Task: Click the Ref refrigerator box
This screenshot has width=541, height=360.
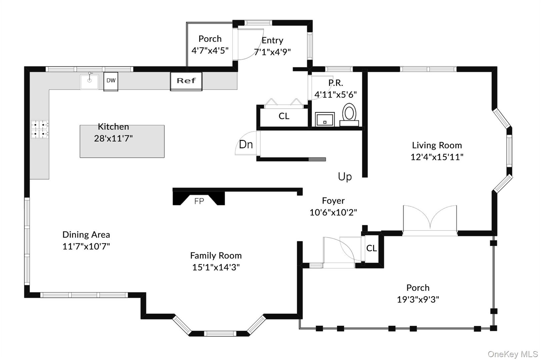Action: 186,81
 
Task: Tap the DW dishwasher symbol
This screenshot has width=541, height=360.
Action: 111,81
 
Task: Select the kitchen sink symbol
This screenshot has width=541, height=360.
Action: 89,82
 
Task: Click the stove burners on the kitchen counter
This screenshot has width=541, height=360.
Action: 40,129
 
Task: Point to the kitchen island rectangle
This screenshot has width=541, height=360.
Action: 122,147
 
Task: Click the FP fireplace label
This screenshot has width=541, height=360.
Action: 199,201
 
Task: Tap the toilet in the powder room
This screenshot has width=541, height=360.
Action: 349,114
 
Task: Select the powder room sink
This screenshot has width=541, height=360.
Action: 325,119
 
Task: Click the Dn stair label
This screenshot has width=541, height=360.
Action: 246,145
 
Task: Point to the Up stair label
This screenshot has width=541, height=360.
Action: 345,177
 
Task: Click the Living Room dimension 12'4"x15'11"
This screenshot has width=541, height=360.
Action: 437,157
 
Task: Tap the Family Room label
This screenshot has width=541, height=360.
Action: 216,256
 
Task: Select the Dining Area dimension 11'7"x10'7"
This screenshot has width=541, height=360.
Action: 86,247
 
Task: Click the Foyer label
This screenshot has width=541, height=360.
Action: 333,201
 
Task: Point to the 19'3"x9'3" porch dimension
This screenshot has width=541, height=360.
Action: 418,300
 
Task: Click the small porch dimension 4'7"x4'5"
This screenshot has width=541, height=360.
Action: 210,51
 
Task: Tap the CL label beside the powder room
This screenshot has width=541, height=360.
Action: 284,116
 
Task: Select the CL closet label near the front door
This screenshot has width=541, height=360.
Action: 371,248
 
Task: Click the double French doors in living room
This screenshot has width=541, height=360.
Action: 430,220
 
